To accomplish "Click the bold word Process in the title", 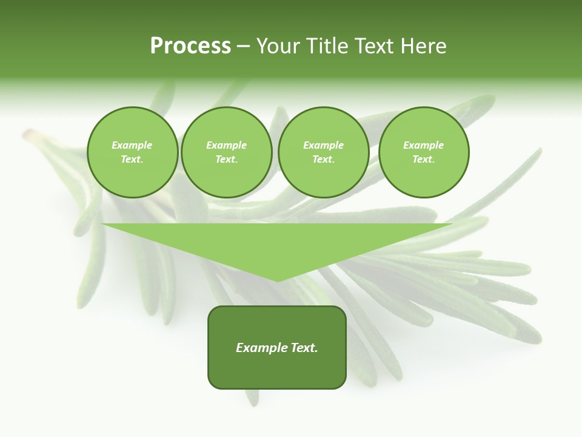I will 190,46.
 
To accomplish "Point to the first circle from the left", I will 132,152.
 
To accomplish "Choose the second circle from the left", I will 227,152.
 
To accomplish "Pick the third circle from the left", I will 324,152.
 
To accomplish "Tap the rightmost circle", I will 424,152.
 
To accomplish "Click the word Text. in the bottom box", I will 303,348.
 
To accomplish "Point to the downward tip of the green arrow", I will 278,280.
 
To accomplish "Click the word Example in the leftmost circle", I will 132,145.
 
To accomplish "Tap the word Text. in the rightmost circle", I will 424,159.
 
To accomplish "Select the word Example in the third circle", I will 324,145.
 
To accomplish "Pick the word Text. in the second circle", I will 227,159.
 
